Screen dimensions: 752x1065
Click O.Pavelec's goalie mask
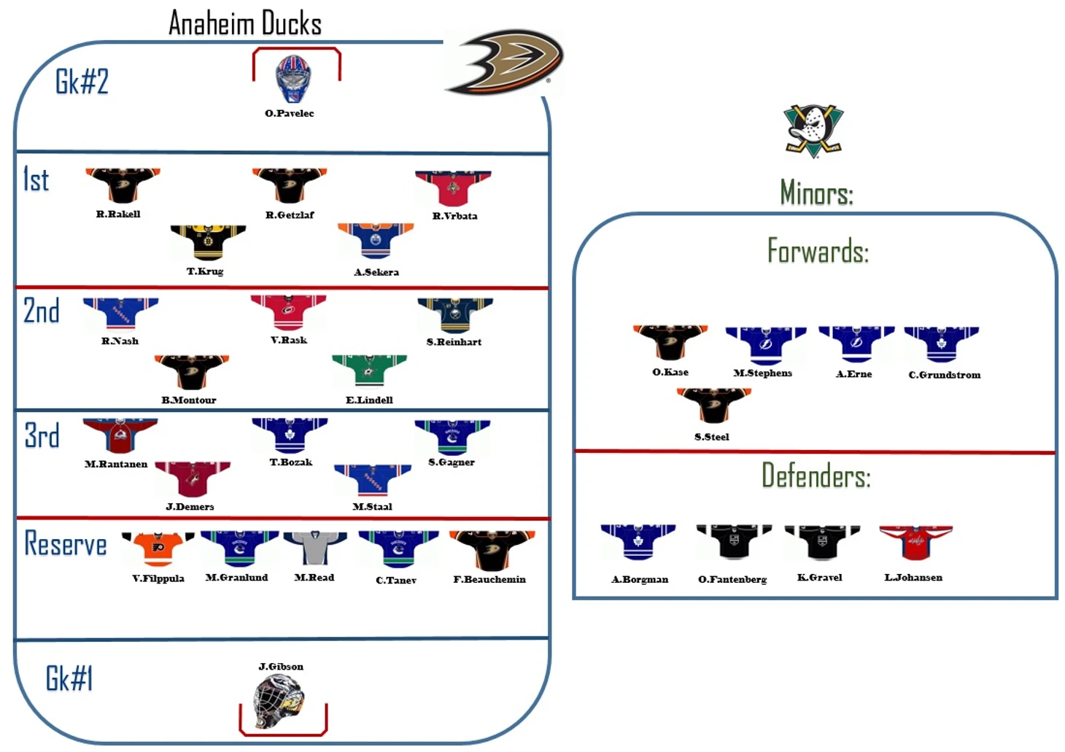tap(293, 79)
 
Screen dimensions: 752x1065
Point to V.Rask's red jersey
tap(288, 312)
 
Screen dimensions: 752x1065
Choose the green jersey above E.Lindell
tap(369, 370)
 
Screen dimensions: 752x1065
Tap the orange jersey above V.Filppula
tap(158, 549)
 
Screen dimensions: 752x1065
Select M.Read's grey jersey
tap(314, 548)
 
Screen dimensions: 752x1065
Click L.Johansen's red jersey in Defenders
tap(915, 543)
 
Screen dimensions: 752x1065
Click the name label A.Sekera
tap(376, 272)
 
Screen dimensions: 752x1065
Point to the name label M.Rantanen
tap(116, 464)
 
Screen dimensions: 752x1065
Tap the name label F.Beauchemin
tap(489, 579)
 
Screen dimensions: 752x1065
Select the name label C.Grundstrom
tap(945, 375)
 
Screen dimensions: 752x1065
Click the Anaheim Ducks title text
tap(245, 23)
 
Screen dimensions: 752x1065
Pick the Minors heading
tap(816, 193)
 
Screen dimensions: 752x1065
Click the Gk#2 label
tap(82, 82)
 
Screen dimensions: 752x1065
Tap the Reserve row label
tap(66, 544)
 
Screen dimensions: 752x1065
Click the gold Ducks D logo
tap(506, 62)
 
